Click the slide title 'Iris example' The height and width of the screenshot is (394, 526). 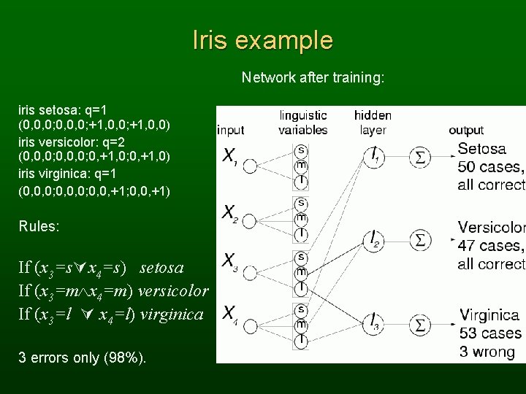click(262, 41)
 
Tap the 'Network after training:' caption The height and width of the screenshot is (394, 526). click(313, 77)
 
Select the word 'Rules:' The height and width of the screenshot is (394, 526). click(39, 226)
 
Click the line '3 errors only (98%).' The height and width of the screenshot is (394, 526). click(82, 358)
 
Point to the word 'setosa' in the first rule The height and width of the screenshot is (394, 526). click(161, 268)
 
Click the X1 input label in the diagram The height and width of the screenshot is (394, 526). click(230, 157)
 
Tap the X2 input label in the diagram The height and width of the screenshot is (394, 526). click(230, 213)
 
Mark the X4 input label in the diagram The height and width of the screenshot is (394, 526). click(230, 314)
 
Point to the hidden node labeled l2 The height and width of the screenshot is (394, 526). click(373, 239)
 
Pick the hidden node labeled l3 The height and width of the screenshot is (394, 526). click(373, 320)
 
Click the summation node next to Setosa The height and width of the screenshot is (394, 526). click(422, 156)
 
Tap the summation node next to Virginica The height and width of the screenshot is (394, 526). click(422, 320)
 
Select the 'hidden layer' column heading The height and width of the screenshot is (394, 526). click(373, 122)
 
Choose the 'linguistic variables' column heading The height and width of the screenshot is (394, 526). click(302, 122)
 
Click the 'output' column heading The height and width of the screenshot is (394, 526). click(466, 131)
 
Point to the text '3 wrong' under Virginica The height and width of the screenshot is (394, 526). click(487, 352)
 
